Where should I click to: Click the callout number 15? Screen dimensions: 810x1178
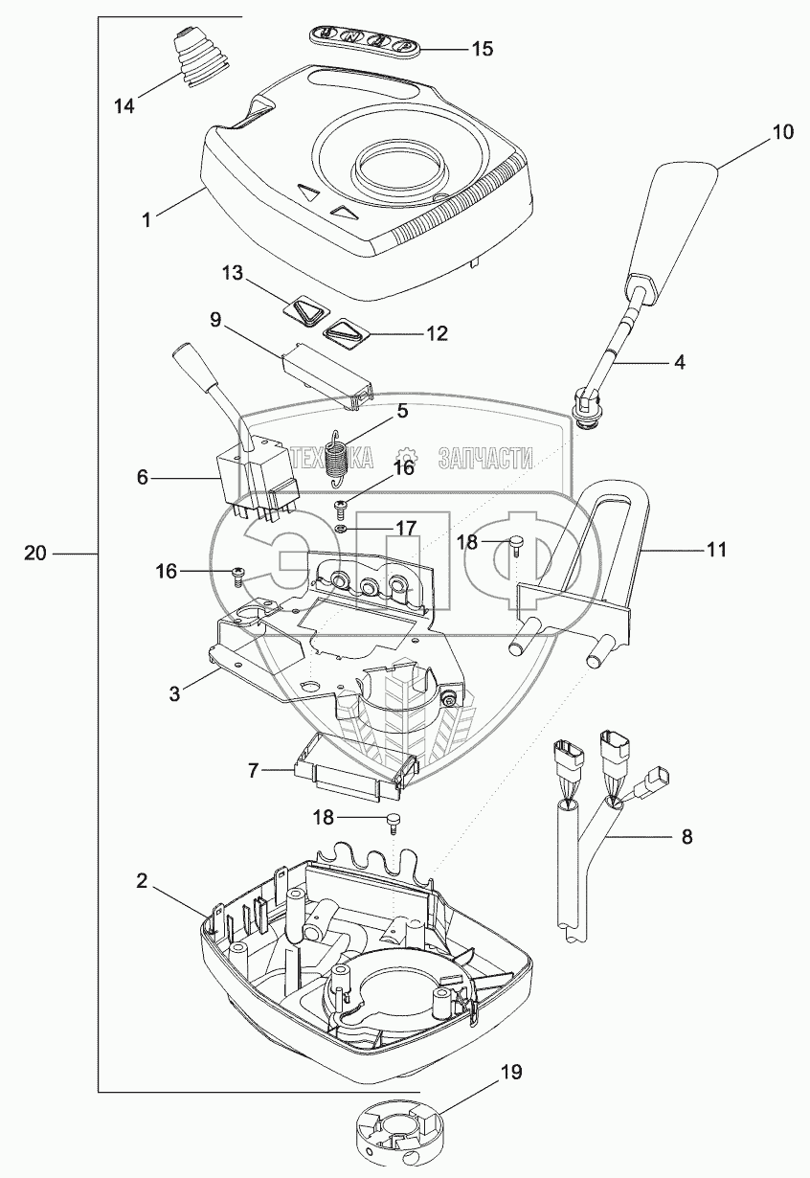click(482, 49)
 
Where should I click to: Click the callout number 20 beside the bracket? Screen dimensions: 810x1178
click(35, 554)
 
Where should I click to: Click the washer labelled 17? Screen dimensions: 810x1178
click(340, 528)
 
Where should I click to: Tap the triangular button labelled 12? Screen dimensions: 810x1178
click(347, 334)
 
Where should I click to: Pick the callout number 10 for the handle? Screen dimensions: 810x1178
click(782, 131)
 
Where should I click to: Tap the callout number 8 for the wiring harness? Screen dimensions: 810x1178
click(687, 836)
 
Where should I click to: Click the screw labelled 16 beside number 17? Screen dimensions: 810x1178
click(340, 507)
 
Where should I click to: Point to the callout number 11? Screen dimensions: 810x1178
click(716, 550)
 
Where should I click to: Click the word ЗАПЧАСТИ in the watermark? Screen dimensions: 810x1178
click(484, 458)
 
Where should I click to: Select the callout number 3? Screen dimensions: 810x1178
click(174, 693)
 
